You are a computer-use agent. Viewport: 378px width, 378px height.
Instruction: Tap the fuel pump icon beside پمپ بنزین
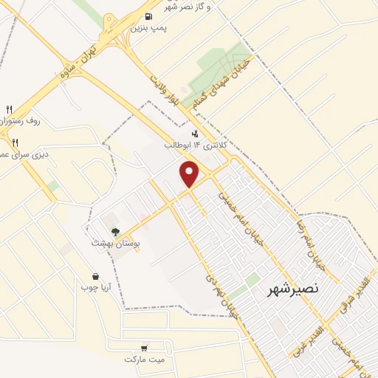tap(150, 16)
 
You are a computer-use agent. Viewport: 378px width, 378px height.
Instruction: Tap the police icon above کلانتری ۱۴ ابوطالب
tap(195, 134)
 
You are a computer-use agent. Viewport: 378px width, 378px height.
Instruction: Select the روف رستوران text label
tap(16, 120)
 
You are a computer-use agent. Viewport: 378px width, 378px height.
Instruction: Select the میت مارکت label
tap(143, 360)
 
